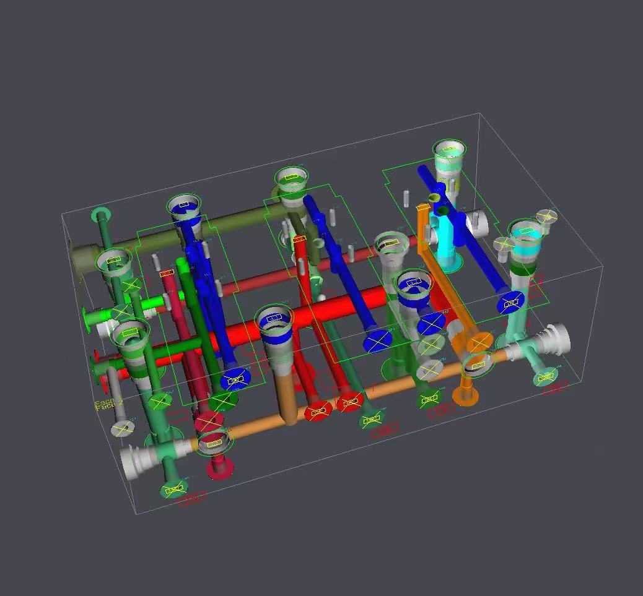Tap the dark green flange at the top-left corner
101,216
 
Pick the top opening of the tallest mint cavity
448,148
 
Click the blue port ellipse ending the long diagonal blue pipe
512,303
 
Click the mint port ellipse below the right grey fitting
546,378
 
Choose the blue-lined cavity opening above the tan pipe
274,319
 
